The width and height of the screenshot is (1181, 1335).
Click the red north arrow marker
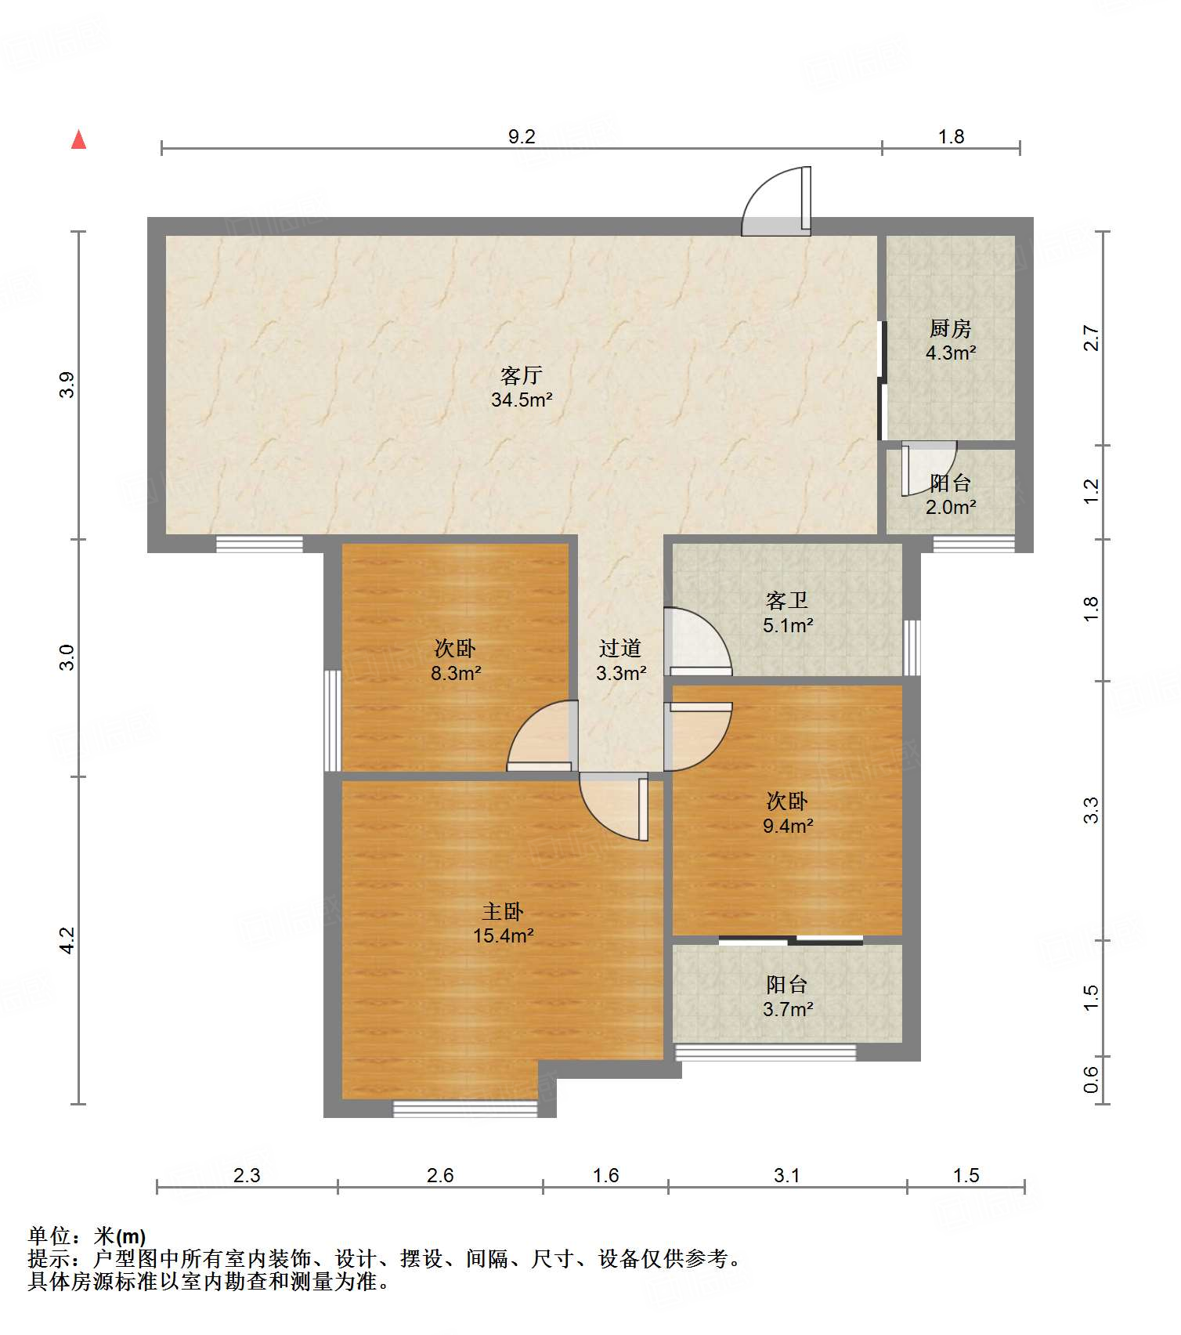click(78, 139)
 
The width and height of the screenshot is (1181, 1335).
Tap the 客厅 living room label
click(522, 376)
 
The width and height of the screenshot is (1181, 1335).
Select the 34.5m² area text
click(522, 400)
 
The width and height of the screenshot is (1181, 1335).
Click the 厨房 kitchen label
click(950, 329)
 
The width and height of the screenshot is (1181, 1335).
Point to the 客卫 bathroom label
click(787, 601)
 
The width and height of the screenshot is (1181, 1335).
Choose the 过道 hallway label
click(620, 648)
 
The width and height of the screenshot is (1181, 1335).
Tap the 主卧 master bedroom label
click(503, 911)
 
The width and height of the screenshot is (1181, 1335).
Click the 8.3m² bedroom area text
click(456, 673)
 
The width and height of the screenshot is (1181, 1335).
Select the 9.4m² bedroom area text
click(788, 826)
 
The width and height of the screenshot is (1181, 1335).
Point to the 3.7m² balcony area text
click(788, 1009)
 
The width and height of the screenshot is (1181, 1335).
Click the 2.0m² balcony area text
click(951, 507)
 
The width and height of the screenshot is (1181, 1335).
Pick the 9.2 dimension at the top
click(522, 137)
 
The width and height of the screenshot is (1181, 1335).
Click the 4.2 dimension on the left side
click(67, 940)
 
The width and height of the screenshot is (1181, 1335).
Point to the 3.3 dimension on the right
click(1092, 810)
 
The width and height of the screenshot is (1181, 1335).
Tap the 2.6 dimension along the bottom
click(440, 1175)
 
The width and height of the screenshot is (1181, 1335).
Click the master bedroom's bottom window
click(465, 1109)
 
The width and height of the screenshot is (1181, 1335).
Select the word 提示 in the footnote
click(49, 1259)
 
